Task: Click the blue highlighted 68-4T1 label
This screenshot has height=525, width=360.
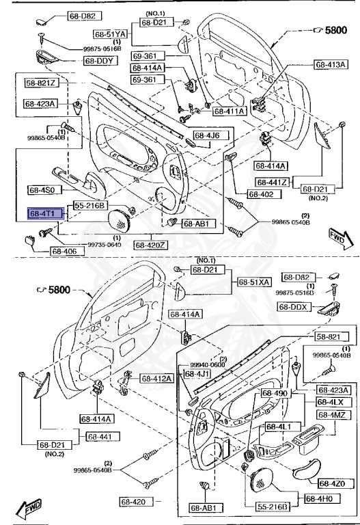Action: [46, 214]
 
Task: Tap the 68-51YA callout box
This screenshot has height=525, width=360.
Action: [110, 33]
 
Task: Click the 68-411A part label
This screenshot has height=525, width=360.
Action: [230, 111]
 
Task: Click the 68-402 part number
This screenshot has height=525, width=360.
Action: [260, 195]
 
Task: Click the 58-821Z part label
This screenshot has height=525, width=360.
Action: [42, 83]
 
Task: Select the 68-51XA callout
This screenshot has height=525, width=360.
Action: [254, 282]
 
